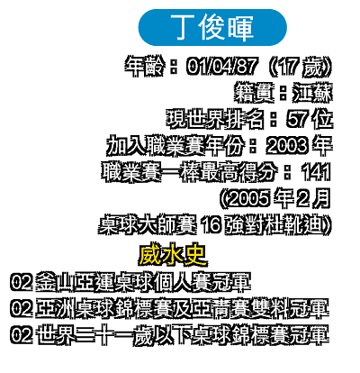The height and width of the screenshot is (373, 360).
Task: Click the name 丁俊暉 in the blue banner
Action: (212, 27)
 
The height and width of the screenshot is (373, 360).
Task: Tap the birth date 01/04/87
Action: (221, 66)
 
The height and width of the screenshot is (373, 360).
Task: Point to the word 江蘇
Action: (313, 92)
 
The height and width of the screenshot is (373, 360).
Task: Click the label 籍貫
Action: (254, 92)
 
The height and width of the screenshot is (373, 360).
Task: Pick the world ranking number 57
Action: (297, 119)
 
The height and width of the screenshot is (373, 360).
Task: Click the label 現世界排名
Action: (215, 119)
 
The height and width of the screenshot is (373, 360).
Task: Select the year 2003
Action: (287, 145)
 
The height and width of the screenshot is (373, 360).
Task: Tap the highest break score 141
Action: (316, 172)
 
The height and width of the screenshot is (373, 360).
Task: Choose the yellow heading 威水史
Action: (173, 255)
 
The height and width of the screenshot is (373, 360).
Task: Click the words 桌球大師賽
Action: (148, 225)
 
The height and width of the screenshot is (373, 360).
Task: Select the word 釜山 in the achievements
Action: (55, 282)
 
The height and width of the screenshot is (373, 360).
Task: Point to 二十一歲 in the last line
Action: (114, 334)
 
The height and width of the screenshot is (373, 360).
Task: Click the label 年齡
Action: (145, 66)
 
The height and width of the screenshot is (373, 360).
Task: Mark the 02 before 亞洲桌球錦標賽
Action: (22, 308)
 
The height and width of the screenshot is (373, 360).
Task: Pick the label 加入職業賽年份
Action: (175, 145)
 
